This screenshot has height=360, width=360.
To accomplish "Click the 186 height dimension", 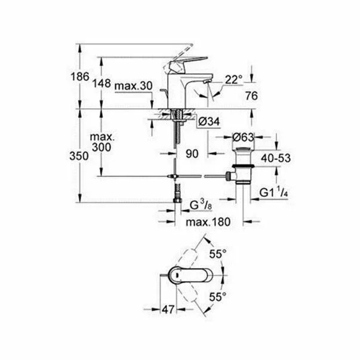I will [x=82, y=78].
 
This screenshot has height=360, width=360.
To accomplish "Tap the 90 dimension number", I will [x=191, y=154].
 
